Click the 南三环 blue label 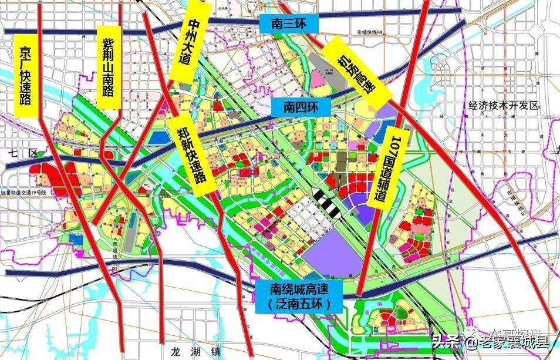click(x=288, y=23)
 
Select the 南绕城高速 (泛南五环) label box click(x=299, y=296)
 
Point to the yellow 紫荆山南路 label click(x=108, y=67)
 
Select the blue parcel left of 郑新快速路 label click(x=158, y=137)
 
